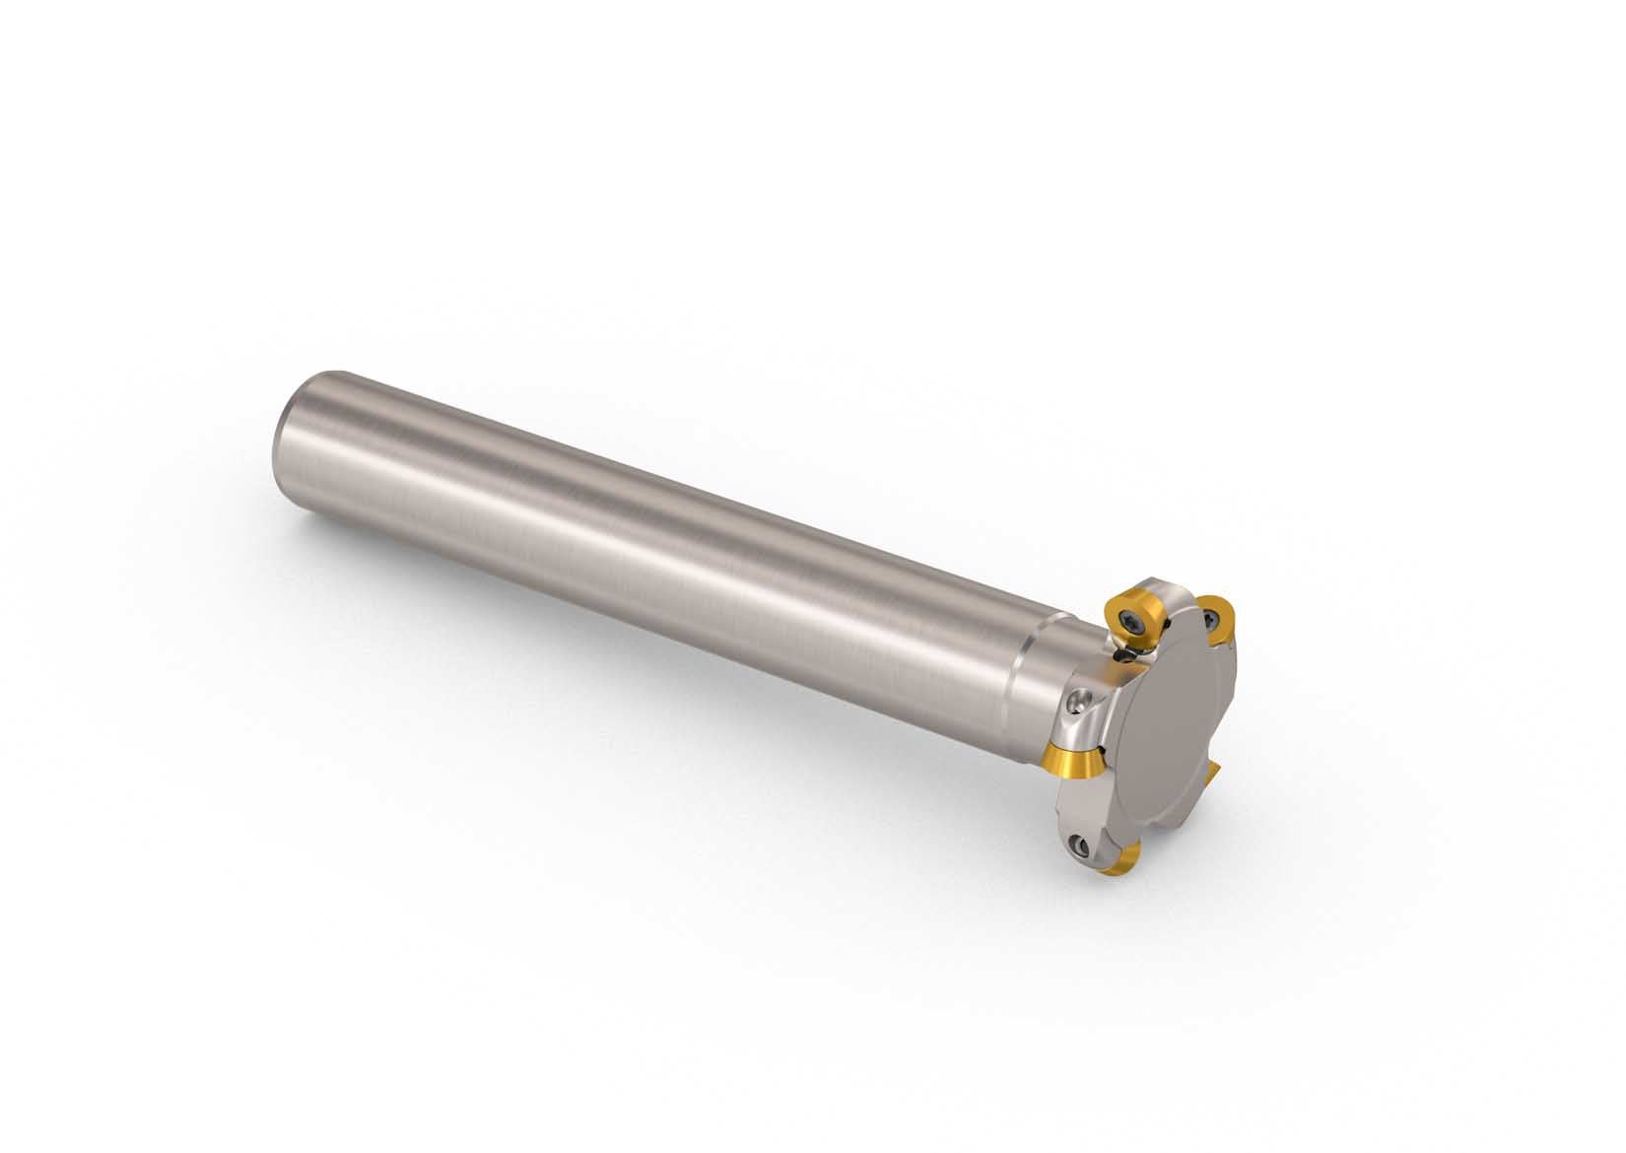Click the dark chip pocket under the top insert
[x=1123, y=656]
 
